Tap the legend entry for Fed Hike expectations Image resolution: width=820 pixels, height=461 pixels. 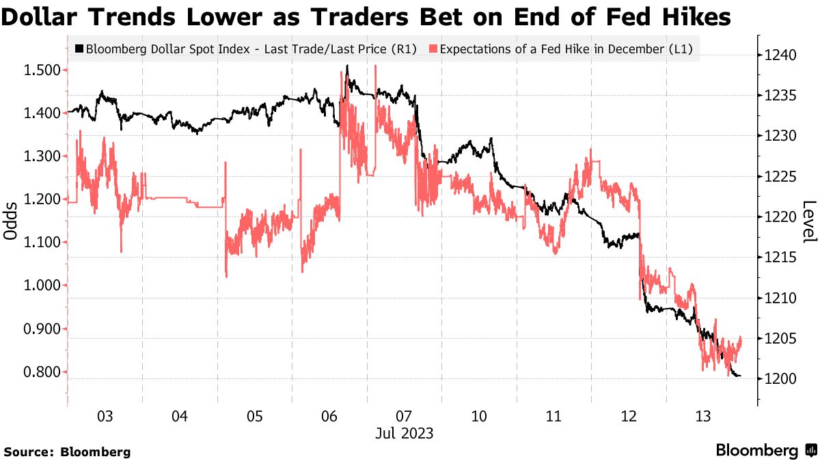[x=564, y=49]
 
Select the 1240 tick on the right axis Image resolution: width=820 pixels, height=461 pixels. [x=777, y=55]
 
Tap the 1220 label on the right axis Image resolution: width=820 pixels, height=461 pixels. [x=777, y=217]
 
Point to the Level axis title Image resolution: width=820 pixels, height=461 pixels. [x=809, y=221]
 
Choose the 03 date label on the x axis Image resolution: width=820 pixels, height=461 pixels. [x=105, y=416]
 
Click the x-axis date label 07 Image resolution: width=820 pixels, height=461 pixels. [x=403, y=416]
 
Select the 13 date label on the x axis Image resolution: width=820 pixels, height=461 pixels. [x=702, y=416]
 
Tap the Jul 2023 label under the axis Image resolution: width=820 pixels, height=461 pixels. [x=403, y=433]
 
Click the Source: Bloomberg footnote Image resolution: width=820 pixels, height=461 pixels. [x=67, y=451]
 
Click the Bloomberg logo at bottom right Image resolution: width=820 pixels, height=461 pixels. [x=765, y=450]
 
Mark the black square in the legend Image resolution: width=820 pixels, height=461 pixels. [x=79, y=49]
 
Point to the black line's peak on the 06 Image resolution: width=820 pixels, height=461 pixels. [x=347, y=66]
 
